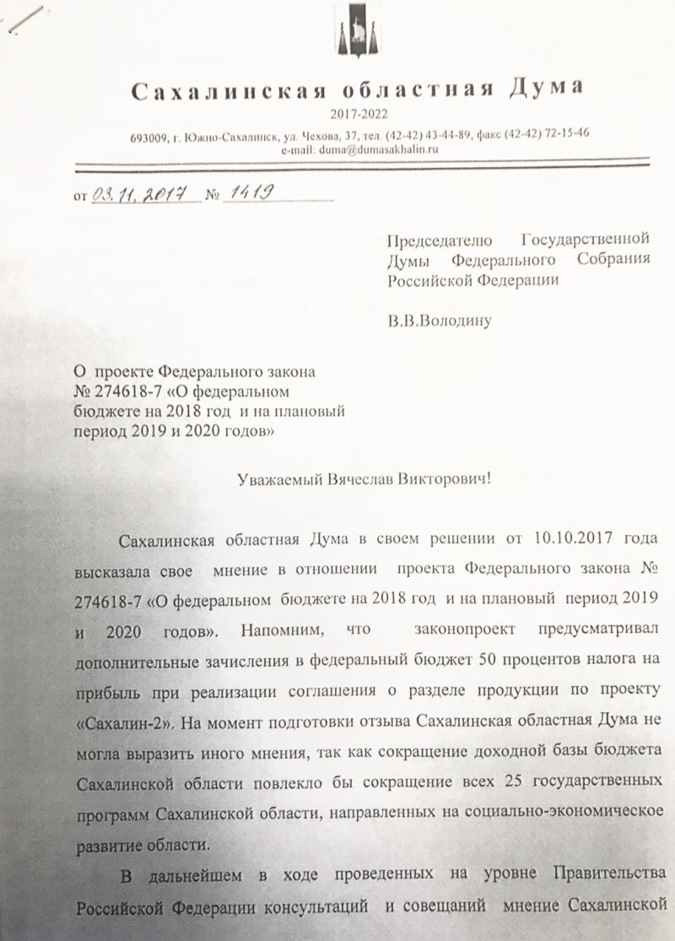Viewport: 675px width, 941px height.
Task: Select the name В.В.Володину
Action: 439,320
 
